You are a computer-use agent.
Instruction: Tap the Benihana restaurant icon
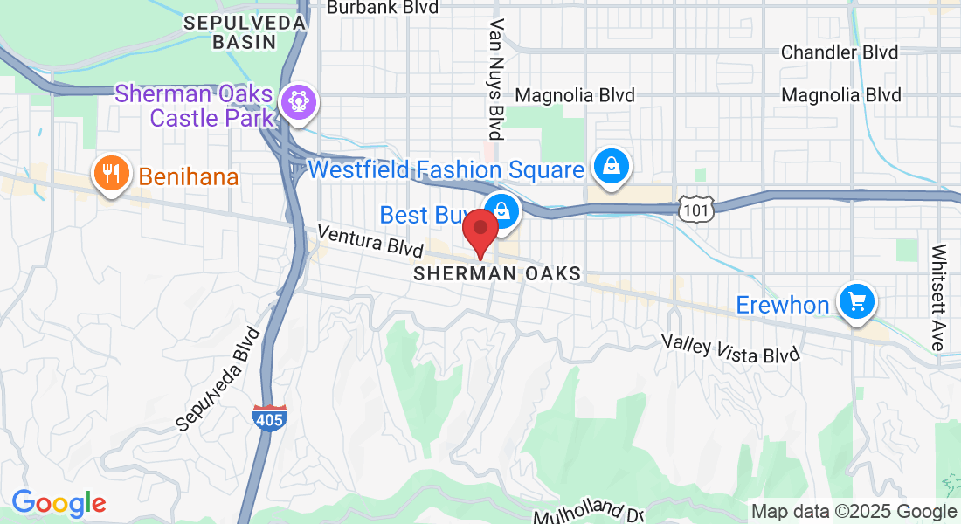tap(111, 175)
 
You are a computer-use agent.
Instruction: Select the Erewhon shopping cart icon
tap(856, 302)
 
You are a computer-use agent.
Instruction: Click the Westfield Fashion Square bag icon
tap(613, 166)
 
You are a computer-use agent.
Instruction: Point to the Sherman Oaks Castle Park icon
tap(299, 103)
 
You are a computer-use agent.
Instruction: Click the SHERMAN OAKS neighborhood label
tap(497, 273)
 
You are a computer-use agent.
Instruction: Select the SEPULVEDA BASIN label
tap(231, 31)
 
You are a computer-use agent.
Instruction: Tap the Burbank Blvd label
tap(384, 8)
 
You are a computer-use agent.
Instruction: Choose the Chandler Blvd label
tap(839, 52)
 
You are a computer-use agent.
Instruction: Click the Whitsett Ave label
tap(938, 297)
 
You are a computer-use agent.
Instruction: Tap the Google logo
tap(59, 503)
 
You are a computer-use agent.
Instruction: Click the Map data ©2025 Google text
tap(854, 512)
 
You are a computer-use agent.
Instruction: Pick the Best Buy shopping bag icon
tap(503, 210)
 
